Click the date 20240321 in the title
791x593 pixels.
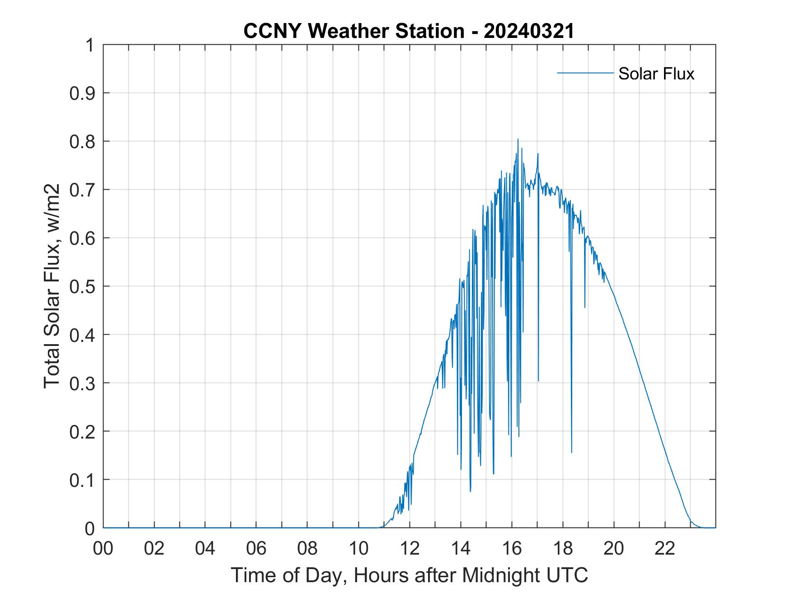528,31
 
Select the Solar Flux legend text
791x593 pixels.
656,74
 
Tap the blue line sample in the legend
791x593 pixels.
585,73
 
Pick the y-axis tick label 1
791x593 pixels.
90,46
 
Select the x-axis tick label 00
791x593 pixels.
104,548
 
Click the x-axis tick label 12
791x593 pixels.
410,548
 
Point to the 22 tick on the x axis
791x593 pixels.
665,548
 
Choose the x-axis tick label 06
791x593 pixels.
256,548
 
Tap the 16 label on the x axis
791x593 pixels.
512,548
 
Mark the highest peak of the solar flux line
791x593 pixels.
518,140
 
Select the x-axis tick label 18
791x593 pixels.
563,548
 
